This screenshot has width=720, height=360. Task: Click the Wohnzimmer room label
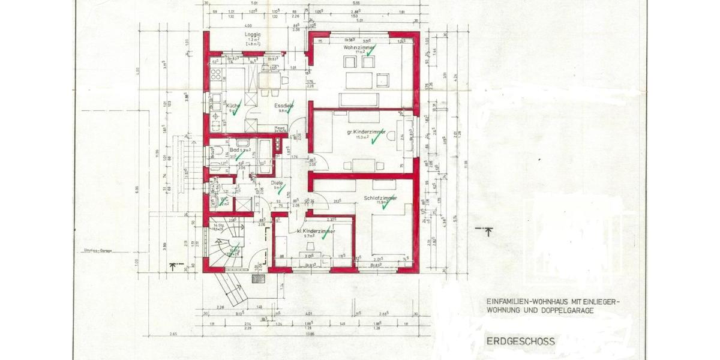[x=359, y=47]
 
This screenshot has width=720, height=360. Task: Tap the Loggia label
[x=253, y=35]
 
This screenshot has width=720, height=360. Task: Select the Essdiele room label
[x=285, y=106]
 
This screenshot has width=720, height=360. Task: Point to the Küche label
[x=232, y=106]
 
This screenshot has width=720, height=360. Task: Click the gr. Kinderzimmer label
[x=365, y=132]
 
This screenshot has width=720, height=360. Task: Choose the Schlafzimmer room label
[x=380, y=197]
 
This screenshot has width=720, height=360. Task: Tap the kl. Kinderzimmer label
[x=316, y=230]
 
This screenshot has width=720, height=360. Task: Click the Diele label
[x=277, y=182]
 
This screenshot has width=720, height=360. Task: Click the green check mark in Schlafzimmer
[x=388, y=206]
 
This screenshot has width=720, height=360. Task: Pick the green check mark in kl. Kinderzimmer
[x=325, y=237]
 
